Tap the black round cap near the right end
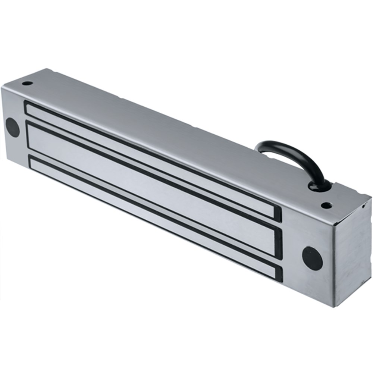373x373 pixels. pos(312,258)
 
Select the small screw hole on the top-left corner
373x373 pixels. pos(27,83)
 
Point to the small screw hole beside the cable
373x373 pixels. pos(326,205)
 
